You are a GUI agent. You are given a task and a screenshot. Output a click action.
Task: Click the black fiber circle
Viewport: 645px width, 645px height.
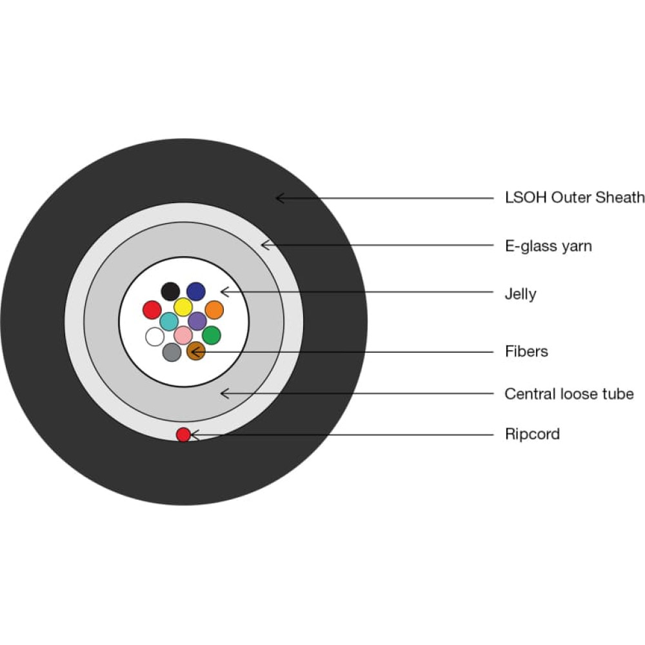170,292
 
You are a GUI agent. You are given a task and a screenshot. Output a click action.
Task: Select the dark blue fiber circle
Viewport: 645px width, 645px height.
196,292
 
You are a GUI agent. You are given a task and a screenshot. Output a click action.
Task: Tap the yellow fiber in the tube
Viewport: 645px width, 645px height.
183,307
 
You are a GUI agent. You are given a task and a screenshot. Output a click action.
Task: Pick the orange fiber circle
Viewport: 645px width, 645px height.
214,310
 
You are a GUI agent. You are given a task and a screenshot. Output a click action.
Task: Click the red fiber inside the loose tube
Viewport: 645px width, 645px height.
152,310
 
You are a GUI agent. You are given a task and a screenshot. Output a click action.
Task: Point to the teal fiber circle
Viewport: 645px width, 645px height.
169,321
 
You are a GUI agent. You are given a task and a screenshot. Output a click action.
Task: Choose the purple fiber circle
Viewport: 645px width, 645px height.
197,321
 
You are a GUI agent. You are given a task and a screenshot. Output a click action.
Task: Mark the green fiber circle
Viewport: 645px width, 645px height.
212,335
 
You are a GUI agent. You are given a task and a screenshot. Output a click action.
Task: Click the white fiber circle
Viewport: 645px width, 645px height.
155,337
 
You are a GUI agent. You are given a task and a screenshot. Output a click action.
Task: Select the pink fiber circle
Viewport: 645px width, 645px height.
183,335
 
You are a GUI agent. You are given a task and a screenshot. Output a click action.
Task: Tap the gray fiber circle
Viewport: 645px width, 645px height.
172,352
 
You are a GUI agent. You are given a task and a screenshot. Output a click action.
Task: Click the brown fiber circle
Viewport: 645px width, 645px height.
196,351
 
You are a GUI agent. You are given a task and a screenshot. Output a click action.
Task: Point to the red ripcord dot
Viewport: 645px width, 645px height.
183,434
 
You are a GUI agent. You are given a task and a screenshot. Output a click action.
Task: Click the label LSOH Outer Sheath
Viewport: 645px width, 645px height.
575,197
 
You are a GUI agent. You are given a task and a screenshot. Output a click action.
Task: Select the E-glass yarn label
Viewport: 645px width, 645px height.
548,246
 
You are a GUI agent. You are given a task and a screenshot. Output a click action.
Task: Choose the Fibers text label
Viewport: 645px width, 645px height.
526,352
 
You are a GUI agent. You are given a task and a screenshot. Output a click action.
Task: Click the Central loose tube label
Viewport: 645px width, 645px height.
569,393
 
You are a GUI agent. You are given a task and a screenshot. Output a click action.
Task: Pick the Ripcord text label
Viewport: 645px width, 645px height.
532,434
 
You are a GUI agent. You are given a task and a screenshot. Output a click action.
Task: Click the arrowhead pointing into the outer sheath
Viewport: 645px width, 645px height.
279,198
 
